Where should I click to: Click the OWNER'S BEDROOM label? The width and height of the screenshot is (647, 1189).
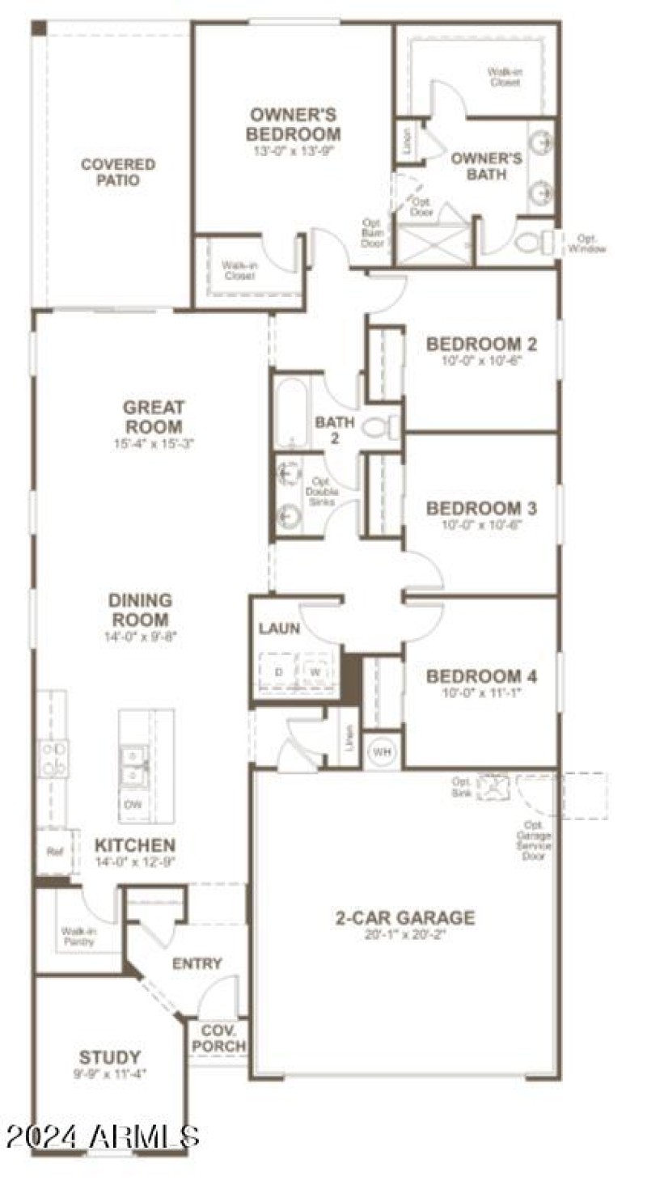coord(293,124)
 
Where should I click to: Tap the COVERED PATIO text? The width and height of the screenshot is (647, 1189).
coord(118,172)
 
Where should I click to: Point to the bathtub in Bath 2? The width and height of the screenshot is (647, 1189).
coord(290,413)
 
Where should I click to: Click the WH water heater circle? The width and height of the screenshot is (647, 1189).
coord(382,752)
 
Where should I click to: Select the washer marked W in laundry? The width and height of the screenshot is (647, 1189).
coord(316,671)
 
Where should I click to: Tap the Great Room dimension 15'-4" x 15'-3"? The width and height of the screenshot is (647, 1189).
coord(153,443)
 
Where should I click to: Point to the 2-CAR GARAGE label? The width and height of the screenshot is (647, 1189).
coord(405,917)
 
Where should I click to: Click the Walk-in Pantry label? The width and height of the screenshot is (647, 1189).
coord(79,937)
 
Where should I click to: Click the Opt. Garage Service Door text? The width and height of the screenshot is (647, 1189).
coord(535,840)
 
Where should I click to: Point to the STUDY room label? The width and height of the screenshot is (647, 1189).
coord(109,1057)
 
